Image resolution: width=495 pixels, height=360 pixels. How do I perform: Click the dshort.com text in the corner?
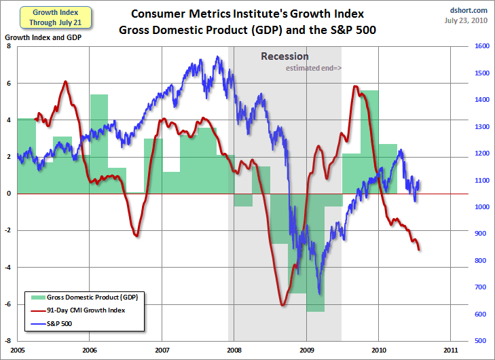(x=469, y=10)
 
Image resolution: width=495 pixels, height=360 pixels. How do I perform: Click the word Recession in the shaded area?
(x=285, y=56)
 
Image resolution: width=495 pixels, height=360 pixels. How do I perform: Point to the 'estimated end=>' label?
(x=314, y=69)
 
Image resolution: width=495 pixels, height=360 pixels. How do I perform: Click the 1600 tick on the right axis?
(x=482, y=47)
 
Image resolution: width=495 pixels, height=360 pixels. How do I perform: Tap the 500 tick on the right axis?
(x=480, y=340)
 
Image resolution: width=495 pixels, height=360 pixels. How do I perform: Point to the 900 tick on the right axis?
(x=480, y=234)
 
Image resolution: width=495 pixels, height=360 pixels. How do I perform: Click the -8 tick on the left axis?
(x=7, y=340)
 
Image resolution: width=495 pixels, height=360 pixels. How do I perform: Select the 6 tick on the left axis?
(x=9, y=84)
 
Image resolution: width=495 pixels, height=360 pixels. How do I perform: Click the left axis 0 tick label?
(x=9, y=194)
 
